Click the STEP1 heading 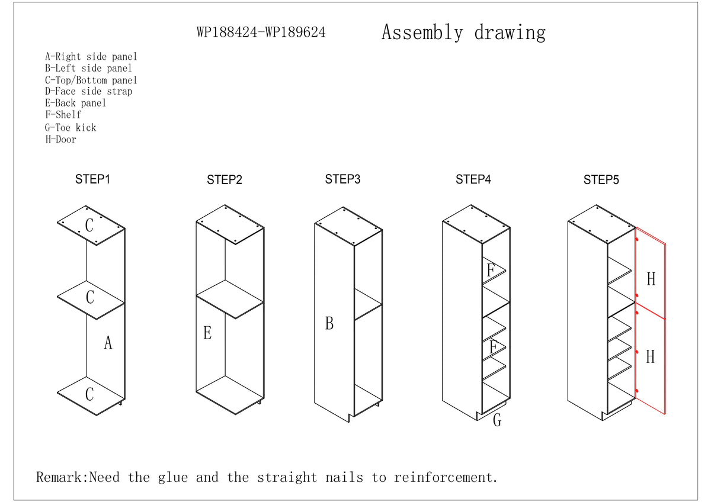point(92,179)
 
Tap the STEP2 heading point(225,180)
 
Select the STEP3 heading point(342,179)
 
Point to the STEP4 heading point(473,179)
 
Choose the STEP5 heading point(601,180)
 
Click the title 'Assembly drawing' point(463,32)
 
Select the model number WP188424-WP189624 point(261,33)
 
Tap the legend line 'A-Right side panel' point(91,57)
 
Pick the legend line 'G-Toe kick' point(71,127)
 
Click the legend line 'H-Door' point(61,140)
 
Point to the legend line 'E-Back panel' point(76,103)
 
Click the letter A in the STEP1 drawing point(108,342)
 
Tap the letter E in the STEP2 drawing point(207,333)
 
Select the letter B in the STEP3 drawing point(329,324)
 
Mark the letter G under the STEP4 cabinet point(497,420)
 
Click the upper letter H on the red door point(651,279)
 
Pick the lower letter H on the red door point(650,356)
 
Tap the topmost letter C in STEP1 point(89,226)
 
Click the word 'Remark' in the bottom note point(61,477)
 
